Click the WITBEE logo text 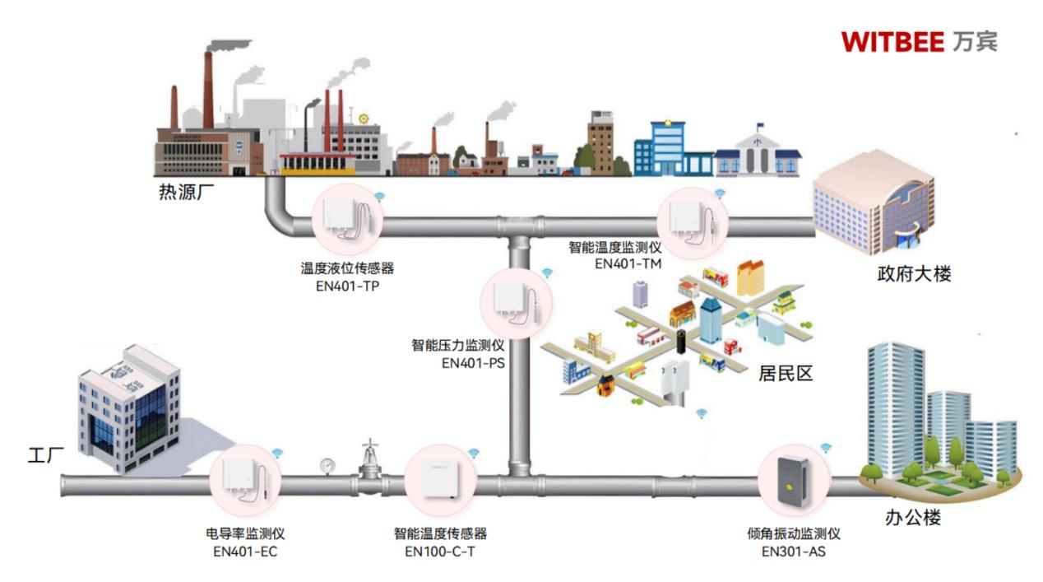pos(892,41)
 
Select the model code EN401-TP pos(346,285)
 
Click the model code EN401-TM pos(628,263)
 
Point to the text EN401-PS pos(473,362)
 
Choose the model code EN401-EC pos(245,551)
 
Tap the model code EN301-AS pos(793,551)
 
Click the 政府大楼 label pos(914,274)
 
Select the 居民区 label pos(785,373)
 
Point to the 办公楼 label pos(912,518)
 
